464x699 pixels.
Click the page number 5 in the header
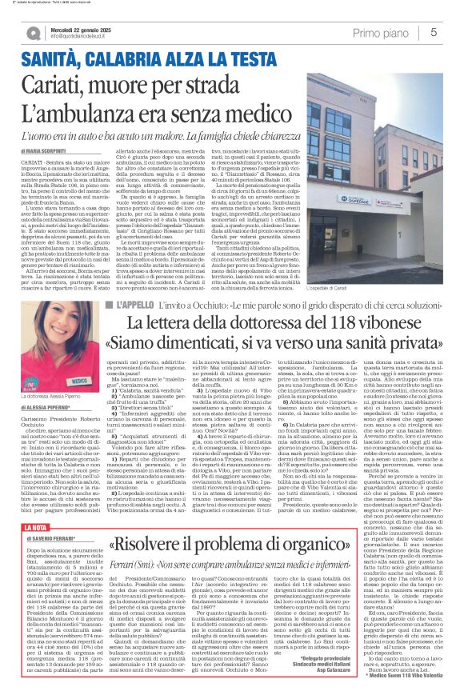pyautogui.click(x=433, y=32)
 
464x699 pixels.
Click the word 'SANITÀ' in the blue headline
pyautogui.click(x=50, y=58)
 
